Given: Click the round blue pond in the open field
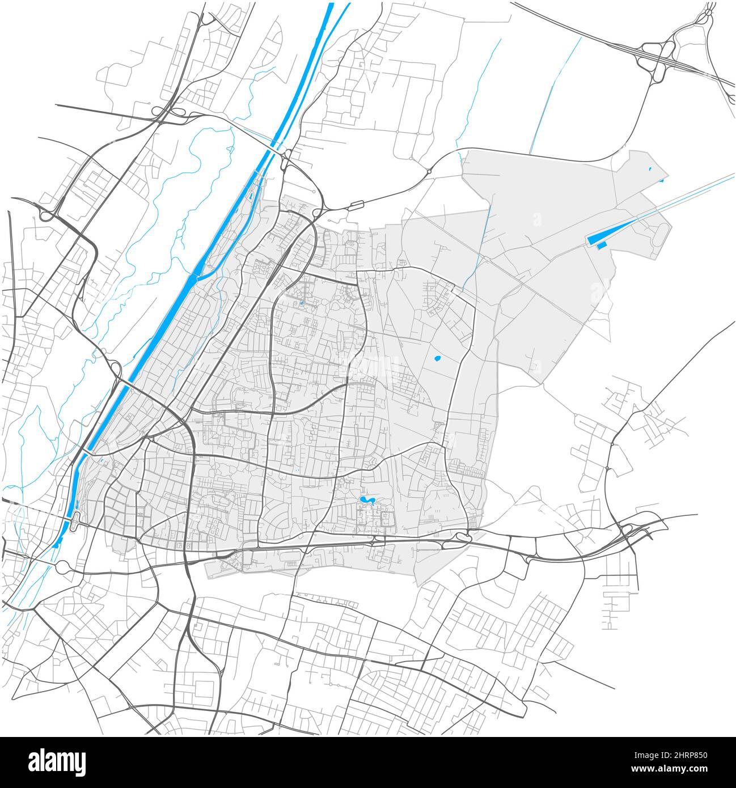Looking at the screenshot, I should point(437,358).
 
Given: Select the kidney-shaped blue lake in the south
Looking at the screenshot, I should point(367,499).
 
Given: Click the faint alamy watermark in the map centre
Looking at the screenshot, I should point(368,368).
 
